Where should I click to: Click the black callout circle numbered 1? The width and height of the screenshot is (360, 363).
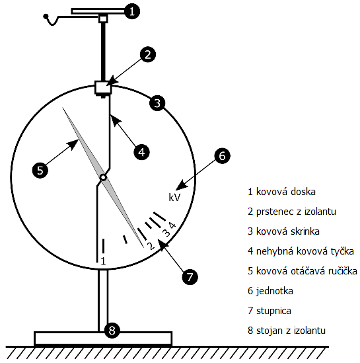tap(132, 11)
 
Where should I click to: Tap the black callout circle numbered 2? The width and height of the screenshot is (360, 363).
tap(148, 54)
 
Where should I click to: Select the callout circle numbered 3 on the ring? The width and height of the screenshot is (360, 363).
tap(157, 103)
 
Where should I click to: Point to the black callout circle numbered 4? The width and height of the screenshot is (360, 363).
tap(141, 152)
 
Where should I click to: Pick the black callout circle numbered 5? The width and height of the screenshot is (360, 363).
tap(40, 171)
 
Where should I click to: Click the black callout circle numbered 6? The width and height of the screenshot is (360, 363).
tap(222, 156)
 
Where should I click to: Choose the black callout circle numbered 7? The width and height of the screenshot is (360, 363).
tap(190, 276)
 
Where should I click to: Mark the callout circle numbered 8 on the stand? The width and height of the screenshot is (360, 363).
tap(112, 331)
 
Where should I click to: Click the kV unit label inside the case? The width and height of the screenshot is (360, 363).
tap(174, 197)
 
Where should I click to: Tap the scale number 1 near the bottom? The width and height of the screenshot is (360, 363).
tap(103, 261)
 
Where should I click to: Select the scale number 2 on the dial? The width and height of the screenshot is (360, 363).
tap(151, 246)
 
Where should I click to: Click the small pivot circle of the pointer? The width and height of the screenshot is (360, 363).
tap(103, 178)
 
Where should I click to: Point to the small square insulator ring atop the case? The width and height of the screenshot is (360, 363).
tap(103, 87)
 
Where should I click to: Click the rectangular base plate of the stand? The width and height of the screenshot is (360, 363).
tap(103, 339)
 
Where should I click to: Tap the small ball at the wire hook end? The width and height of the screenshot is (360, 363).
tap(46, 17)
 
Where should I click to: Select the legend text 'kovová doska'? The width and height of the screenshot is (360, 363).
tap(286, 192)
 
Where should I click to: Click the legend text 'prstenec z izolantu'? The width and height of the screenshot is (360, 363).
tap(296, 212)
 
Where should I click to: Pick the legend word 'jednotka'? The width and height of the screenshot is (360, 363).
tap(274, 290)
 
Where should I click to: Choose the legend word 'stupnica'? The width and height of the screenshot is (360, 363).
tap(273, 311)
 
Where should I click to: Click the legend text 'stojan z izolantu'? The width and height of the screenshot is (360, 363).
tap(291, 331)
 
